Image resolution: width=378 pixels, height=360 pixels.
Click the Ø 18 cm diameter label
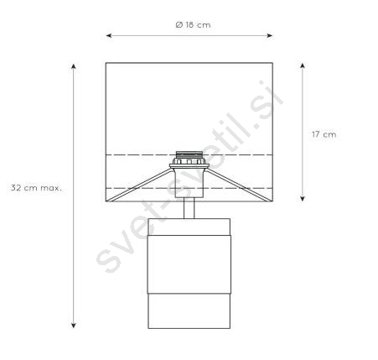pos(193,25)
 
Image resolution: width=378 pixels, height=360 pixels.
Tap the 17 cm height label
pos(324,134)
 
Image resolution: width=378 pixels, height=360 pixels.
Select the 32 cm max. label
pos(36,188)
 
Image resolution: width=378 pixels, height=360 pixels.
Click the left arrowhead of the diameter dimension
pos(109,35)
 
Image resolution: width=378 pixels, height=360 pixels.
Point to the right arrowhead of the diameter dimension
pos(270,35)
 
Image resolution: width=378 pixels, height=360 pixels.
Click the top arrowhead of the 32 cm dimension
pos(74,66)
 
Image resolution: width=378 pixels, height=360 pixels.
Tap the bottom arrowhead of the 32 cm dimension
pos(74,326)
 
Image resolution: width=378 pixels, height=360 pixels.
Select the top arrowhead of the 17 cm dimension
pos(302,66)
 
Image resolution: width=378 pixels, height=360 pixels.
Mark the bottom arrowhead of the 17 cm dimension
pos(302,198)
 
